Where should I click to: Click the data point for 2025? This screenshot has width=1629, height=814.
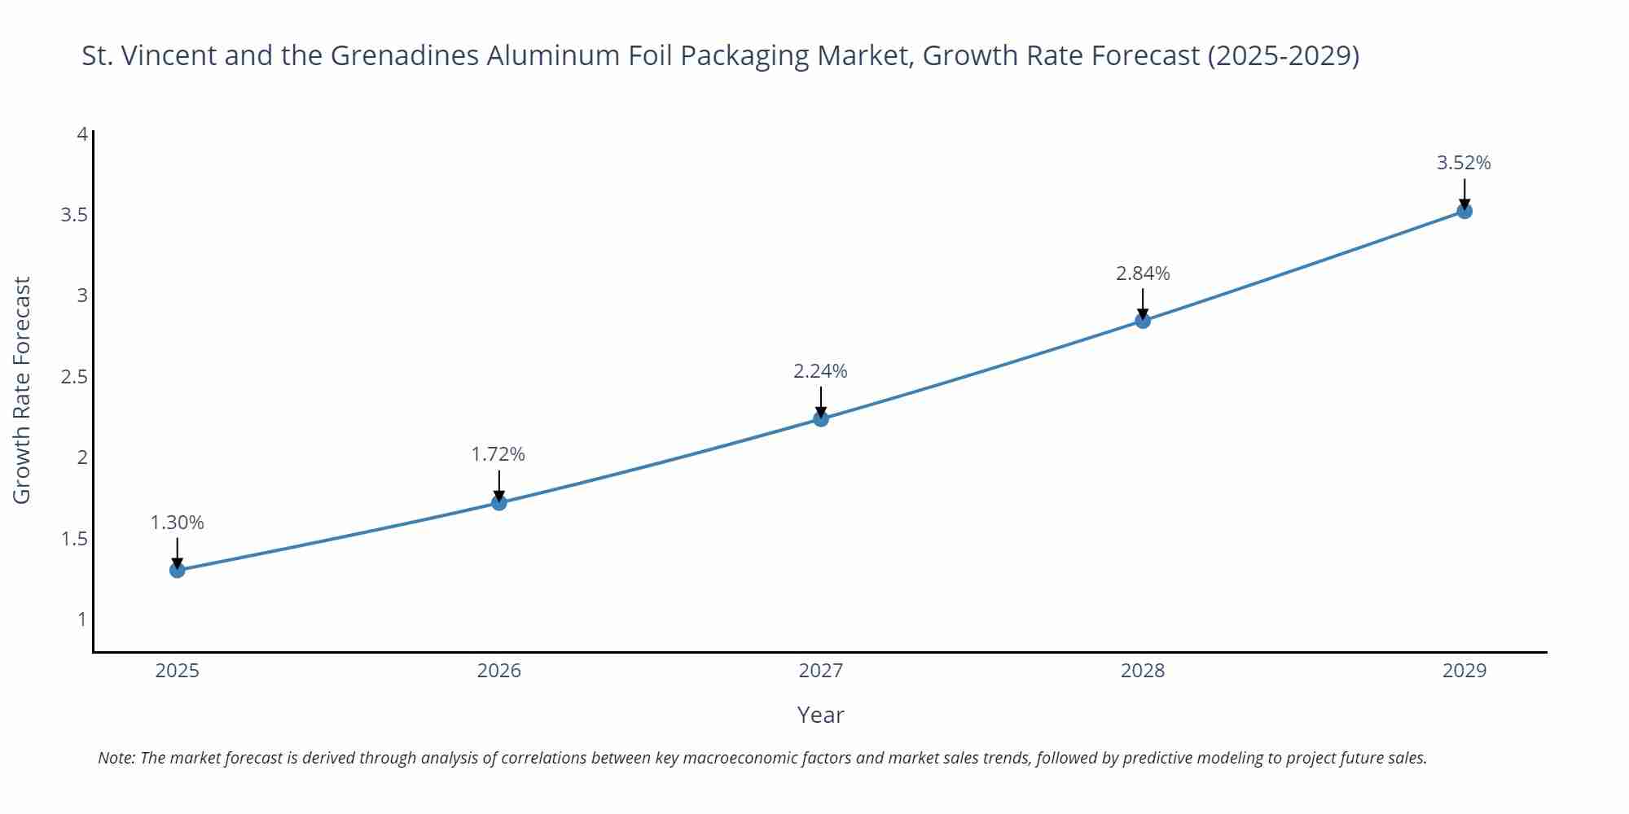(x=177, y=570)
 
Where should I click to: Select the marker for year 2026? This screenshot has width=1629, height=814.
(x=499, y=502)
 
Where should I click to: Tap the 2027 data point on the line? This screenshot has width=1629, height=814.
(x=821, y=418)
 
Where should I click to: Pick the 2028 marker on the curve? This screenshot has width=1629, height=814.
(x=1143, y=321)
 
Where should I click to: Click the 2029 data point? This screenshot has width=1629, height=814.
(x=1464, y=211)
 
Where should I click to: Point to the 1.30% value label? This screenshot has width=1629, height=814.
(x=177, y=523)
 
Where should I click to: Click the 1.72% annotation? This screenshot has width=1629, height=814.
(x=498, y=454)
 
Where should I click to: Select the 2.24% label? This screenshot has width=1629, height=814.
(x=820, y=371)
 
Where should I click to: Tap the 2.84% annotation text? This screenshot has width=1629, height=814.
(x=1143, y=274)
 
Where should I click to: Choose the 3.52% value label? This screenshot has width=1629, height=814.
(x=1464, y=163)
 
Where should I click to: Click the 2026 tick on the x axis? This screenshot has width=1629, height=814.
(x=499, y=671)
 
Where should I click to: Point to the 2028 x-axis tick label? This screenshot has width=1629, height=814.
(x=1143, y=671)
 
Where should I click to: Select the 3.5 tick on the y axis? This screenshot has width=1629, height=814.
(x=74, y=215)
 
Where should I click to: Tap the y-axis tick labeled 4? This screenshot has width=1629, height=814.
(x=81, y=133)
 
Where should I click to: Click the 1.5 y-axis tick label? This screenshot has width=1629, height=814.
(x=74, y=539)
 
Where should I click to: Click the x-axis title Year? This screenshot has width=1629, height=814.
(x=820, y=715)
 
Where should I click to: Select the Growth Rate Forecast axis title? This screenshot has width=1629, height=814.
(x=22, y=390)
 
